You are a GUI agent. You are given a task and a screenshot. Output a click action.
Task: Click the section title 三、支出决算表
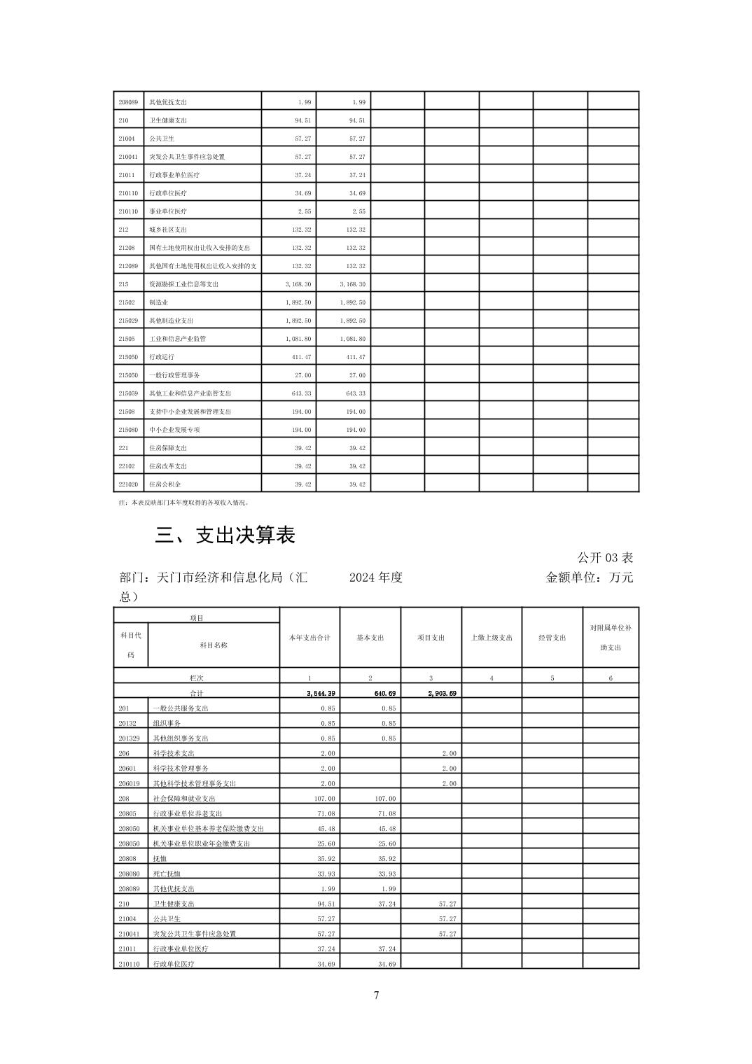[225, 535]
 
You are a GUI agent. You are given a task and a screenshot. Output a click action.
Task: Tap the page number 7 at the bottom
[376, 995]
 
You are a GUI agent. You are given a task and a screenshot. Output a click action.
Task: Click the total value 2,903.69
[442, 693]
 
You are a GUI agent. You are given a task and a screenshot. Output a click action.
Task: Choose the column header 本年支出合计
[309, 638]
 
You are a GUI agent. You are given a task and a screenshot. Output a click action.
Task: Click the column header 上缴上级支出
[492, 638]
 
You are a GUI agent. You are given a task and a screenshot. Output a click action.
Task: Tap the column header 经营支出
[552, 638]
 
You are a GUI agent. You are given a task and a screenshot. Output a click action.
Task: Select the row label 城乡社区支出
[168, 230]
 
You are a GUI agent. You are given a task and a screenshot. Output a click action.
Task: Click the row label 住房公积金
[165, 484]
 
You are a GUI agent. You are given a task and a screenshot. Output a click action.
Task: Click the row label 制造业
[158, 302]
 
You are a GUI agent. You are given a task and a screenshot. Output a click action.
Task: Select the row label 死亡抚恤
[167, 874]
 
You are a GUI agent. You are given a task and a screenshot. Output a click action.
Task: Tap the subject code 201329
[129, 738]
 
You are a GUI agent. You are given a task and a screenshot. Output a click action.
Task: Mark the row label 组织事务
[167, 723]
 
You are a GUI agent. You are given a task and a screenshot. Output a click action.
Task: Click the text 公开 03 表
[605, 558]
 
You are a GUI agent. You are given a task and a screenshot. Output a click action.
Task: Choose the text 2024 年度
[376, 577]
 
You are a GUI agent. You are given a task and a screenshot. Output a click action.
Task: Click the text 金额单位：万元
[589, 577]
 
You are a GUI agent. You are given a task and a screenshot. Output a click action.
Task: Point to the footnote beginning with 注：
[184, 503]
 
